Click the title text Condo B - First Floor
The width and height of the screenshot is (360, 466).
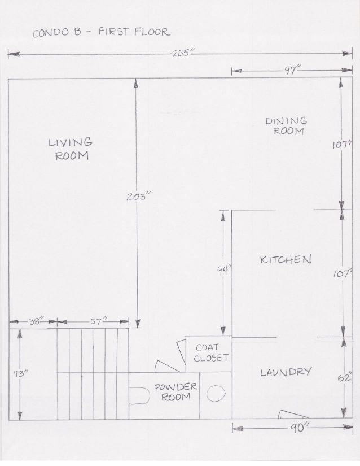pos(102,32)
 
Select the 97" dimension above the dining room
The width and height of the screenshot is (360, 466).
pos(292,71)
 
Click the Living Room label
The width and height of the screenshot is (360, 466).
pos(71,149)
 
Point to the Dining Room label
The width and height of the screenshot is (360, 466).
pos(287,126)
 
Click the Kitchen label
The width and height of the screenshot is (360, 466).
pos(286,259)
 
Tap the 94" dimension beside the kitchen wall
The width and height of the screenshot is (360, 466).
pos(223,271)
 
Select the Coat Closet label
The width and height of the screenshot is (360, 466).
pos(211,352)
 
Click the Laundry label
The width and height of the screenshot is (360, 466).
pos(286,372)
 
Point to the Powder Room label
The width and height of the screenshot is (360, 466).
pos(175,391)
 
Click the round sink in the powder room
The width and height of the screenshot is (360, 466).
pos(216,394)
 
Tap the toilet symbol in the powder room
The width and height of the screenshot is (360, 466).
pos(139,395)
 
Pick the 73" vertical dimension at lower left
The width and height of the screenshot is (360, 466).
pos(20,373)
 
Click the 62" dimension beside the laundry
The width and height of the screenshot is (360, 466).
pos(345,377)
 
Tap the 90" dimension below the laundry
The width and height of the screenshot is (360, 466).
pos(299,428)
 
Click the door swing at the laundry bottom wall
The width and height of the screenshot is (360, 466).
pos(292,414)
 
